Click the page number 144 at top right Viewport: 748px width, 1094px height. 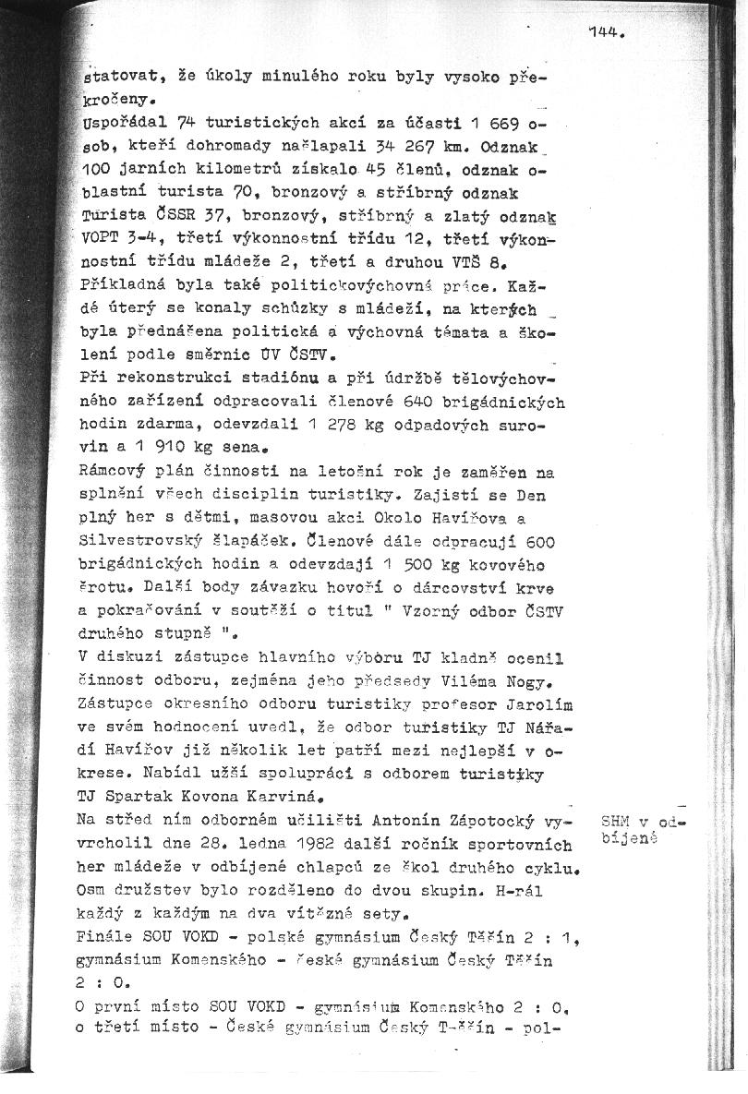pyautogui.click(x=605, y=34)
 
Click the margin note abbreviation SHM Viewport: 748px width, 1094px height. pyautogui.click(x=614, y=820)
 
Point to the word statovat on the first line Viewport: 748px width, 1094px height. pyautogui.click(x=109, y=78)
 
